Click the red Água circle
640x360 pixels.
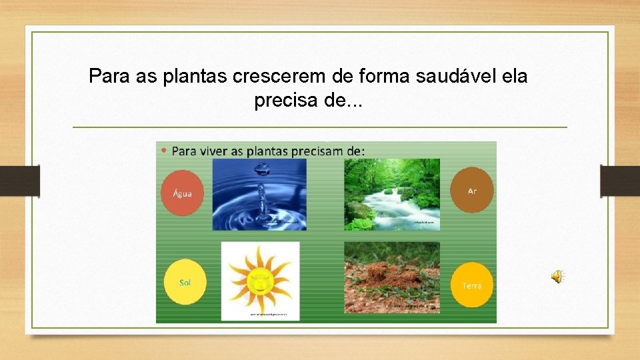click(x=182, y=193)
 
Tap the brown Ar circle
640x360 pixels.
click(x=472, y=190)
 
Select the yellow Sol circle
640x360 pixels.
click(x=185, y=282)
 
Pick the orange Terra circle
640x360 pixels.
click(x=471, y=285)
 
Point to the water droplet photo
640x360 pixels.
click(x=259, y=194)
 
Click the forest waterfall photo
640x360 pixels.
click(x=392, y=194)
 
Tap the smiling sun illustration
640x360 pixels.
click(x=260, y=281)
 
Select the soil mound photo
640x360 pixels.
click(x=392, y=277)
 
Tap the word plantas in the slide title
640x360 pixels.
click(x=195, y=76)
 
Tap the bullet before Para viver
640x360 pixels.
click(x=165, y=151)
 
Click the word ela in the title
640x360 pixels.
click(x=514, y=76)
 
